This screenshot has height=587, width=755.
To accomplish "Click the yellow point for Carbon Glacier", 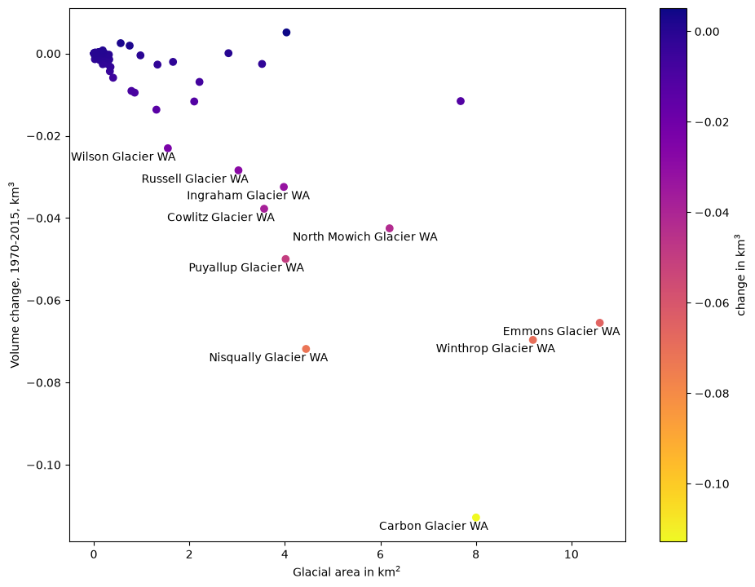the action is [475, 518].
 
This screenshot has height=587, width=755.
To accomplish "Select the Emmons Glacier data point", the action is [599, 323].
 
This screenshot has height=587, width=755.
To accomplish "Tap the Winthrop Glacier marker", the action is [532, 340].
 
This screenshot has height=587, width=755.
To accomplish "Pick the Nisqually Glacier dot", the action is [306, 349].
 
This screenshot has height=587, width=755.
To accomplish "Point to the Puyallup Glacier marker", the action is [285, 259].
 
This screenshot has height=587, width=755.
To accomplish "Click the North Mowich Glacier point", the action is [390, 228].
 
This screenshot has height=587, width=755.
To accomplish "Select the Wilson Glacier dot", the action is [168, 148].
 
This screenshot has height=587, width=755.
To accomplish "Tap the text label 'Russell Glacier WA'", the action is [195, 179].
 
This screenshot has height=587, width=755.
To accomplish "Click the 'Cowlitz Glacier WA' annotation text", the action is [221, 217].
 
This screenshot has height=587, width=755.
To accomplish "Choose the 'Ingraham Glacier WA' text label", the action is [249, 196].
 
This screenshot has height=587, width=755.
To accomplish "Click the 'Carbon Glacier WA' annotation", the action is [434, 526].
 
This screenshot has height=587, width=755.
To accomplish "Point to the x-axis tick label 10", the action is [571, 554].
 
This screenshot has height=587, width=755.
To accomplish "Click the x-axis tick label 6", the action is [381, 554].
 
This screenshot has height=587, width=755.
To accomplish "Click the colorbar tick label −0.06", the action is [712, 303].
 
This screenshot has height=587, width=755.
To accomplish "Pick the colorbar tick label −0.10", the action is [712, 484].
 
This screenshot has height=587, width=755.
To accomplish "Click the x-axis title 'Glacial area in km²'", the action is [347, 572].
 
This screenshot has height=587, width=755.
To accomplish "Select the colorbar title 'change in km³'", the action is [740, 275].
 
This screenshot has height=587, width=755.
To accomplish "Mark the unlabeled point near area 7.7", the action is [461, 101].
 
